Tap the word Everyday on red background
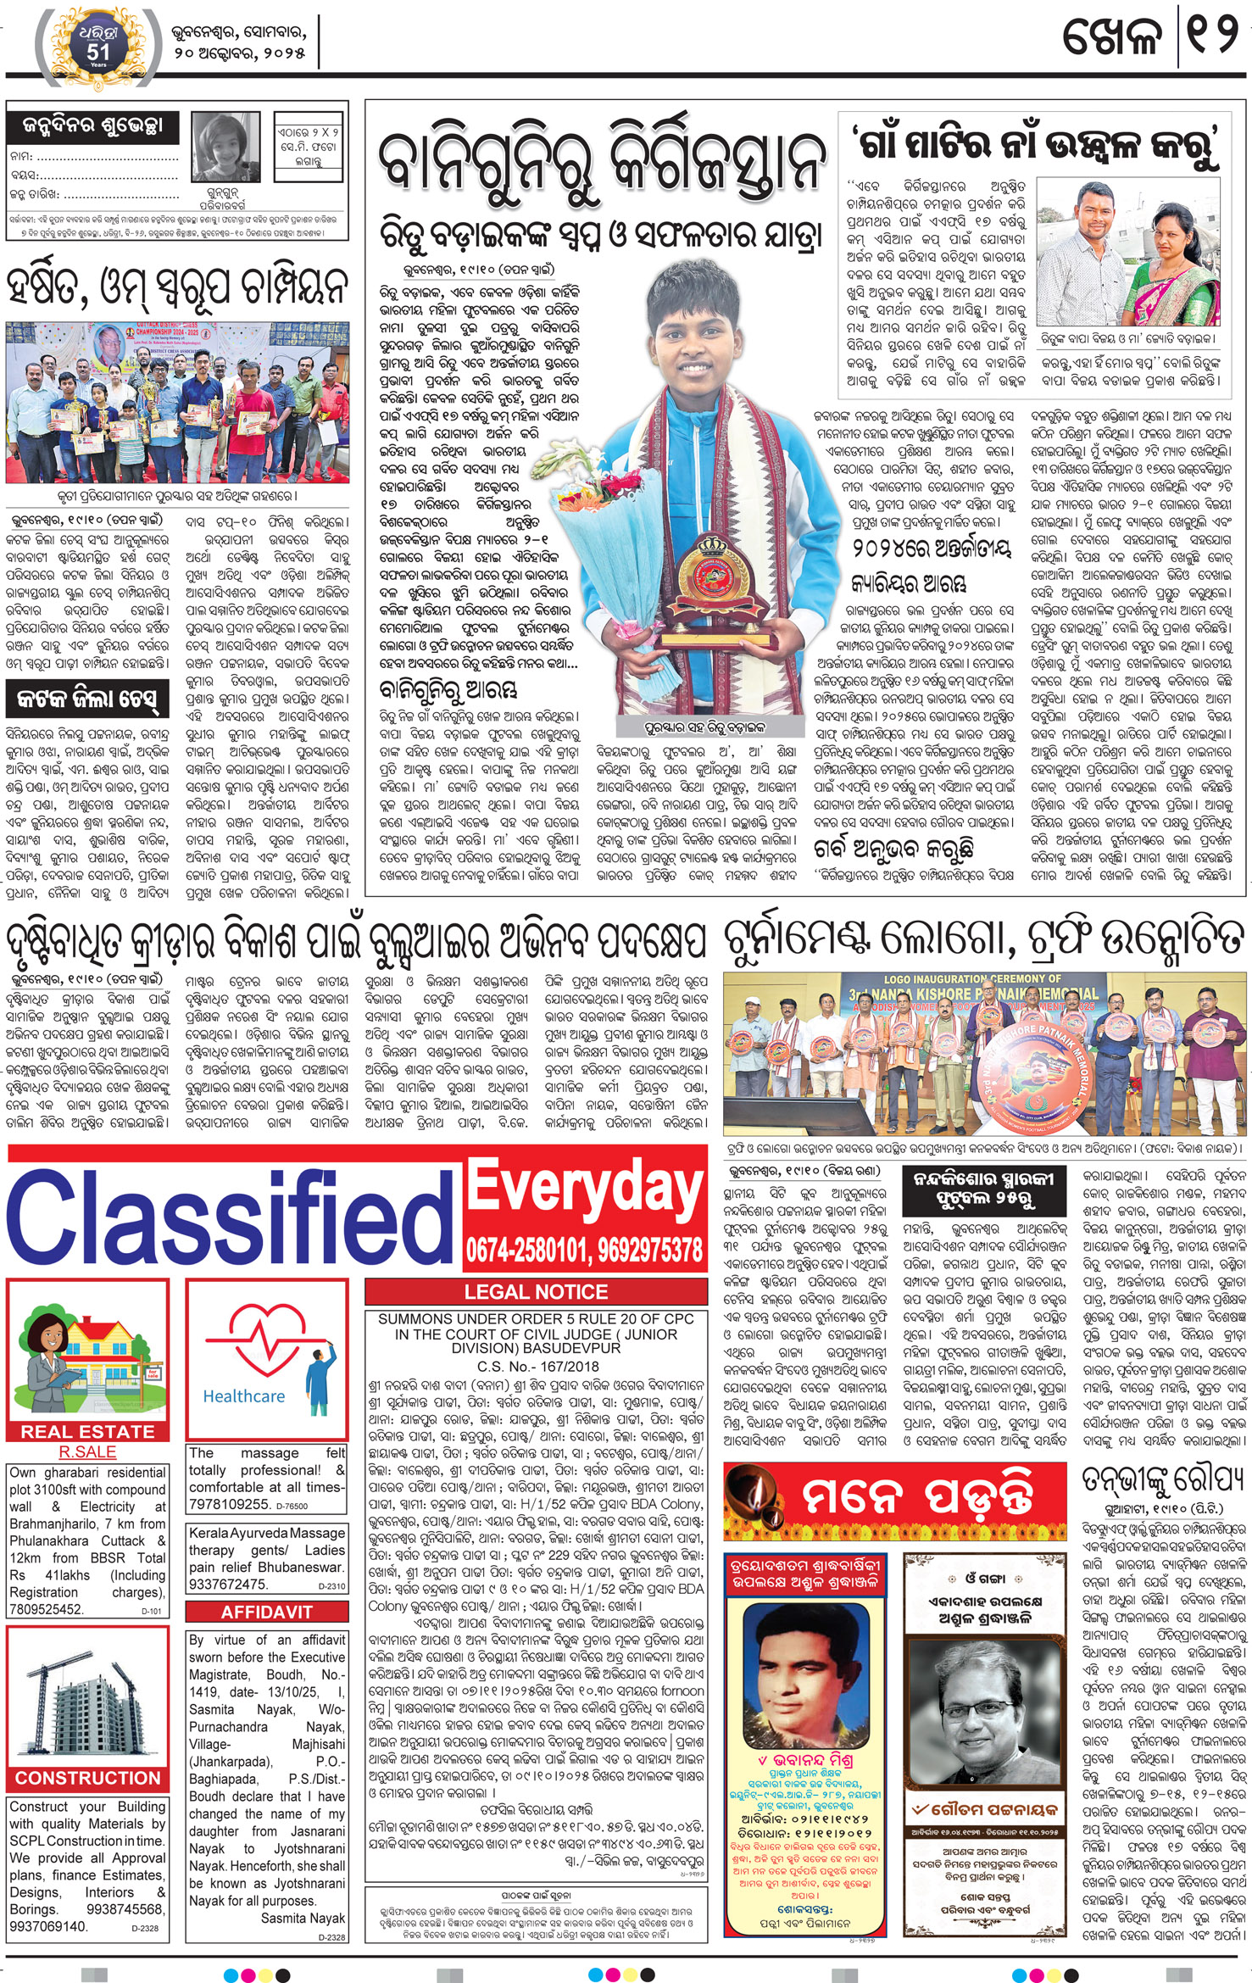(x=585, y=1186)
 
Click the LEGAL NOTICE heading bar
(x=536, y=1292)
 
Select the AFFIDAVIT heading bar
(x=266, y=1612)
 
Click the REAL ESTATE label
(x=88, y=1431)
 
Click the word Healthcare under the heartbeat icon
(x=244, y=1395)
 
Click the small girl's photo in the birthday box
(x=225, y=143)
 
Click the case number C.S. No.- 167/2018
(x=537, y=1366)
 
